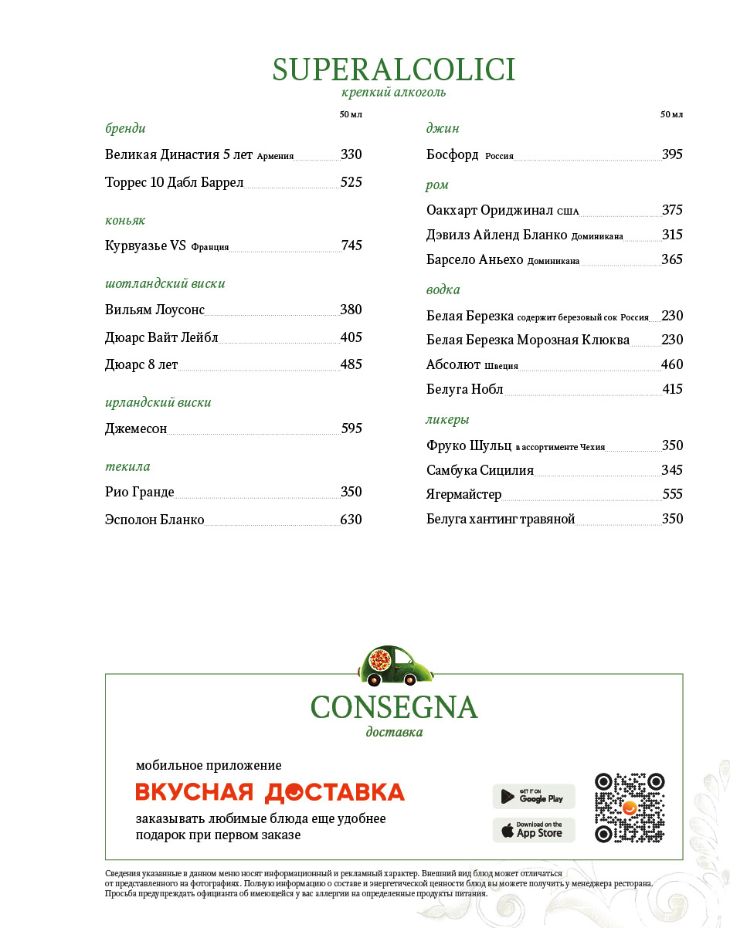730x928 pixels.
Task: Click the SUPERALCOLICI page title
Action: (393, 69)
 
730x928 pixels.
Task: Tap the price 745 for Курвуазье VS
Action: (351, 246)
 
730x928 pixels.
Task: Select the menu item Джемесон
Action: (136, 428)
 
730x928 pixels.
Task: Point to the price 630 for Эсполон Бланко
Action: (351, 520)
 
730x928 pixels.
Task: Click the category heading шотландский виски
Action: (165, 283)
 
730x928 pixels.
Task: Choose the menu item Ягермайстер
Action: (463, 494)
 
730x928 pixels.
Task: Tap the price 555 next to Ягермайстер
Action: (672, 494)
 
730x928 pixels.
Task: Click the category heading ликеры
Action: (447, 419)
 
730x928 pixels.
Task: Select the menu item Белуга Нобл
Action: (464, 389)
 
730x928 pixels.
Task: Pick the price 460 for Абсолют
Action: (672, 364)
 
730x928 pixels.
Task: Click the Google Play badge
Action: (534, 796)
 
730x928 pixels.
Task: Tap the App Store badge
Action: (534, 830)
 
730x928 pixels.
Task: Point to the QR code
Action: (630, 808)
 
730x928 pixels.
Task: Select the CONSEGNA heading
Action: (394, 707)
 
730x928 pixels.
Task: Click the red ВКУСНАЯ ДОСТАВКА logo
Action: (270, 792)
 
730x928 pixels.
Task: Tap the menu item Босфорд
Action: (453, 154)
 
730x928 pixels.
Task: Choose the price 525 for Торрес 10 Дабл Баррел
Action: (351, 182)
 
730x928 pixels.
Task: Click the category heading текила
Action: (127, 466)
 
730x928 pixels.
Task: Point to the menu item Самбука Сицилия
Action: (480, 470)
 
